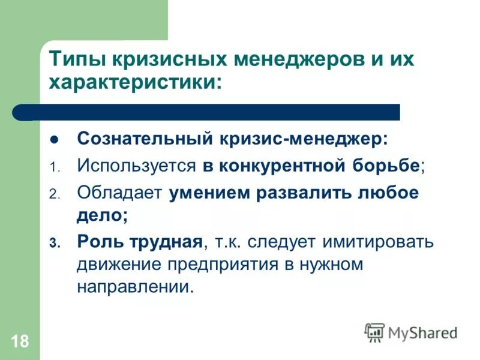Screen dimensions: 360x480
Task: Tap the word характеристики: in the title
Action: pyautogui.click(x=134, y=82)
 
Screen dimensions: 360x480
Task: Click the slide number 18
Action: pyautogui.click(x=19, y=342)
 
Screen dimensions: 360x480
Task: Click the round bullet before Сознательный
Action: pyautogui.click(x=54, y=140)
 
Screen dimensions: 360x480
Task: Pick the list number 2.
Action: pyautogui.click(x=53, y=195)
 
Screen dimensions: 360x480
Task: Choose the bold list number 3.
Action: pyautogui.click(x=53, y=244)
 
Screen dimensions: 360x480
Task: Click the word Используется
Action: pyautogui.click(x=137, y=166)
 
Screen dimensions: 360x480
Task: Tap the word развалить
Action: pyautogui.click(x=303, y=193)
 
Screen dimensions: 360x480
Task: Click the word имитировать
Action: pyautogui.click(x=378, y=242)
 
